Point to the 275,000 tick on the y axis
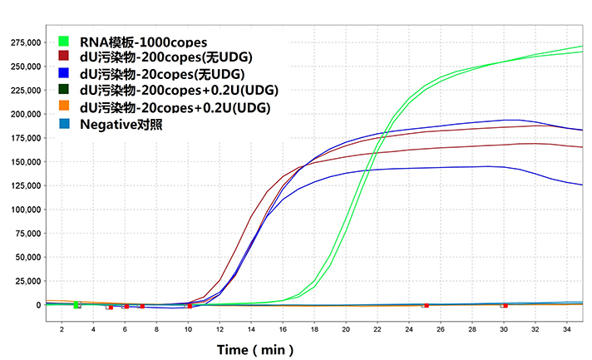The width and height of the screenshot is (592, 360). [22, 42]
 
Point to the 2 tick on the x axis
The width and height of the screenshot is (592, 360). [61, 331]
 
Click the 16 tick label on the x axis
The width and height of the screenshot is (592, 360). [283, 331]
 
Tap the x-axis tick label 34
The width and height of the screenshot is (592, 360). [567, 331]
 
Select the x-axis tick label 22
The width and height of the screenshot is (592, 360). [377, 331]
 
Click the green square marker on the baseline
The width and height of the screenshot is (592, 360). [76, 306]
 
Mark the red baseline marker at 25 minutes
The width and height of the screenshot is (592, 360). [425, 306]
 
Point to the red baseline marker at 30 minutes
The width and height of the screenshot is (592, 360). [504, 306]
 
